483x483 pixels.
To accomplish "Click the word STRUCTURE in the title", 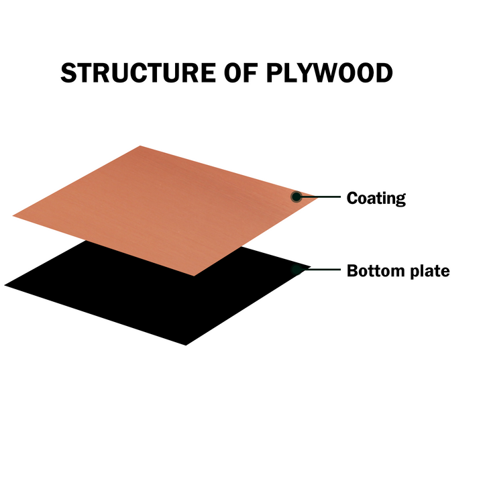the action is pos(138,72).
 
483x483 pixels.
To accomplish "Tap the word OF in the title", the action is pos(241,72).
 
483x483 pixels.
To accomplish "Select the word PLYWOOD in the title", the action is pos(329,72).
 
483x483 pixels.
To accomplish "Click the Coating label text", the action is pos(376,199).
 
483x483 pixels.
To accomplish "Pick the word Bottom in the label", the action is pos(376,271).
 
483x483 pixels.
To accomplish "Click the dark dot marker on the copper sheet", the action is pos(297,197).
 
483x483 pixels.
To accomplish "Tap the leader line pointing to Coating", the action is pos(319,197).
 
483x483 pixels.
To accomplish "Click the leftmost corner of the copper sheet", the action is pos(13,216).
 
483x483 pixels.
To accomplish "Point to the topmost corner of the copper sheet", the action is pos(140,146).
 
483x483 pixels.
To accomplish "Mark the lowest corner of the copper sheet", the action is pos(194,276).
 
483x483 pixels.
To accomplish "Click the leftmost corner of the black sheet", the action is pos(4,285).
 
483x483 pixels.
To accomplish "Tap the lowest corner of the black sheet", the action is pos(186,345).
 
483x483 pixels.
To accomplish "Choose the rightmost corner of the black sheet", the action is pos(311,267).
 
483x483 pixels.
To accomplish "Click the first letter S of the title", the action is pos(68,72).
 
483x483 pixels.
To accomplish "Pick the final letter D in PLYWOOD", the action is pos(384,72).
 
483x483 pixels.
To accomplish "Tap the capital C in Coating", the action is pos(352,197).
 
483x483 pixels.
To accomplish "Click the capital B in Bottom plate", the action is pos(352,271).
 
